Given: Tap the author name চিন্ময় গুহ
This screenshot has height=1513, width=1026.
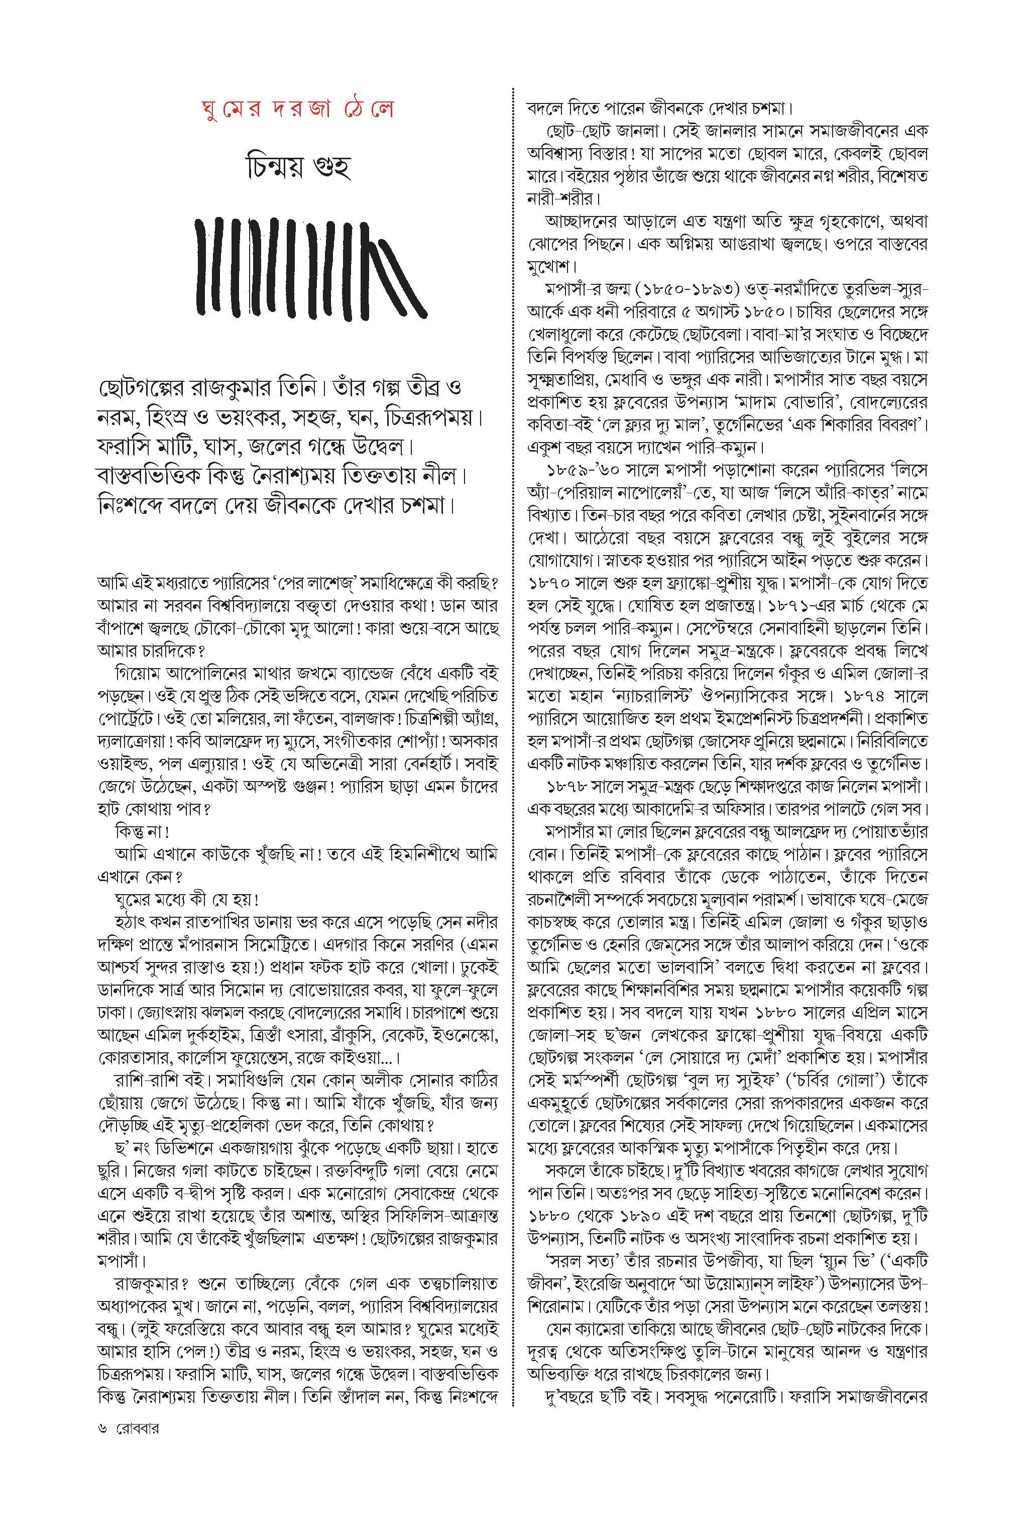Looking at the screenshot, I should pyautogui.click(x=298, y=168).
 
